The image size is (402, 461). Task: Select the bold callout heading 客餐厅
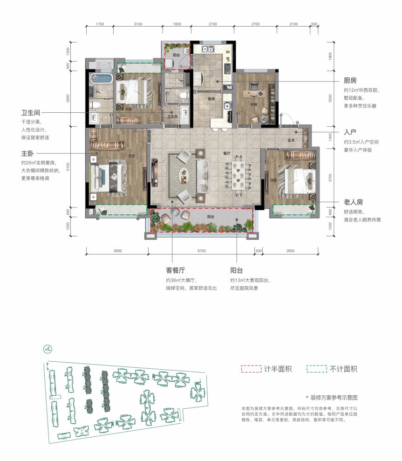(176, 270)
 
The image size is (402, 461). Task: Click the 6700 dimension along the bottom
(201, 251)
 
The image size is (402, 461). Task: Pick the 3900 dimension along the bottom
(117, 251)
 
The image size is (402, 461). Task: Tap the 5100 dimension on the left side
(68, 167)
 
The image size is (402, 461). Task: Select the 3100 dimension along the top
(137, 24)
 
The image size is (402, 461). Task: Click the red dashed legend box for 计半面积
(251, 369)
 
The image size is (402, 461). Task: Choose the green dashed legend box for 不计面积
(316, 369)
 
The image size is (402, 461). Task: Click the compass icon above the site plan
(48, 348)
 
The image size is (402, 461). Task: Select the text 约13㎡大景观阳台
(249, 280)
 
